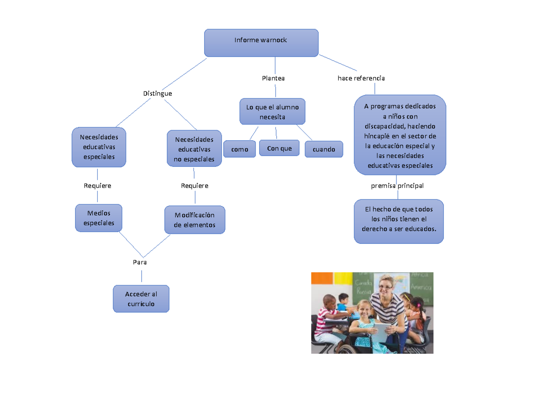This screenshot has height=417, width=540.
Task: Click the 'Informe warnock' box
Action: pos(261,43)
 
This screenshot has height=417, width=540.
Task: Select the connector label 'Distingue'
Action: pos(157,94)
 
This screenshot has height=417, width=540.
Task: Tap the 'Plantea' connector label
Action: pos(273,78)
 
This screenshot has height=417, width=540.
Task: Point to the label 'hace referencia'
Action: pos(361,78)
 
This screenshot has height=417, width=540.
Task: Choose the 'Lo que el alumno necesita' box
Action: pos(272,112)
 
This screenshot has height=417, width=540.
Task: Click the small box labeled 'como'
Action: pos(239,149)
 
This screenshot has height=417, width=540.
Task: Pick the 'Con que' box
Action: pos(279,148)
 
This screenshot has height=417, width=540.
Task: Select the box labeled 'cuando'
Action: pos(324,149)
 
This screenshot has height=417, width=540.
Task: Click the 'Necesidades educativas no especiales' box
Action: pos(194,149)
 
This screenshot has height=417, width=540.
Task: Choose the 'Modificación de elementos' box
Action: pos(194,220)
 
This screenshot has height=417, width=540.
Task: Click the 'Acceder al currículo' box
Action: pos(141,299)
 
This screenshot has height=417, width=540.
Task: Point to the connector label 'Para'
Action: pos(140,262)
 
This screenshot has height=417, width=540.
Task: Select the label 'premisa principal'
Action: pos(397,185)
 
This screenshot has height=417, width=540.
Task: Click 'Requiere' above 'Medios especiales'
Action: pos(98,185)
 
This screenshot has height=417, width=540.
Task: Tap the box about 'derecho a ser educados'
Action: pos(399,221)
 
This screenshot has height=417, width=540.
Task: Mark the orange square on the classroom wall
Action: pos(322,278)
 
